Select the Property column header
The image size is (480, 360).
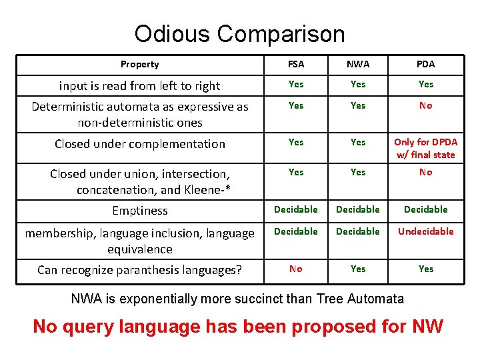tap(140, 65)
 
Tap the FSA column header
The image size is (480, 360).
tap(296, 65)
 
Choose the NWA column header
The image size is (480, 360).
tap(358, 65)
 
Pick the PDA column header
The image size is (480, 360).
tap(425, 65)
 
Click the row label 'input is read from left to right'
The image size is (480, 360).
tap(140, 85)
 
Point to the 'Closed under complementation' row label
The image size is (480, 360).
tap(140, 144)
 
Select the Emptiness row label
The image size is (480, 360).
tap(140, 211)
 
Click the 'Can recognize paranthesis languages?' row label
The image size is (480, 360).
tap(139, 270)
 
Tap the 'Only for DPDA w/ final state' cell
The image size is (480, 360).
tap(425, 149)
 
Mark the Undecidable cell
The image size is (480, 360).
tap(425, 231)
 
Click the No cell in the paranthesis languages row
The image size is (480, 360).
tap(296, 269)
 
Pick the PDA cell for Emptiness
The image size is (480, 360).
tap(425, 209)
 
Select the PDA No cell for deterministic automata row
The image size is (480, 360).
tap(425, 105)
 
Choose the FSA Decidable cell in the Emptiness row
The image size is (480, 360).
tap(296, 209)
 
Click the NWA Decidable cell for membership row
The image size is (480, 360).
tap(358, 231)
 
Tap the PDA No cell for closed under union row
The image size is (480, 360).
tap(425, 172)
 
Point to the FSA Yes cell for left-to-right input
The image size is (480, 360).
tap(296, 84)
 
